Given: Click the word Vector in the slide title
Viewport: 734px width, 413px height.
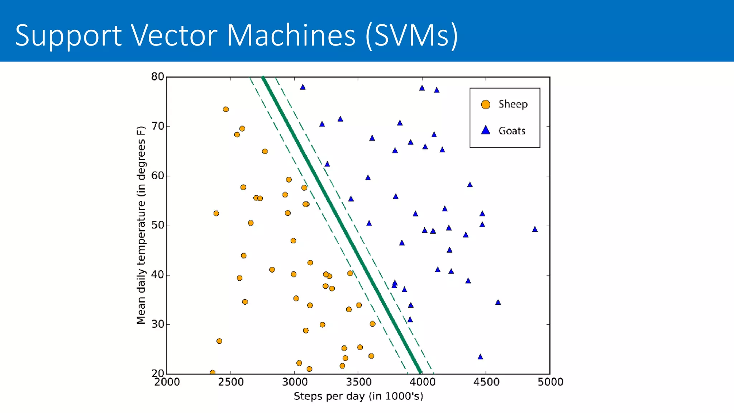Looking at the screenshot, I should [173, 35].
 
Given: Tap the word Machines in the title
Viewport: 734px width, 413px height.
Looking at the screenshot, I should [291, 35].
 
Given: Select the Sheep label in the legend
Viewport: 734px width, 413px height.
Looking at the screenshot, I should [513, 104].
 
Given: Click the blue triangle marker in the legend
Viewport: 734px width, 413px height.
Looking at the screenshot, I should [486, 130].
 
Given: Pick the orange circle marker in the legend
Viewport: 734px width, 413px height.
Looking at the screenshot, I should [486, 104].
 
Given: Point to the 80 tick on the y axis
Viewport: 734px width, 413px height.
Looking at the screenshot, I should [158, 77].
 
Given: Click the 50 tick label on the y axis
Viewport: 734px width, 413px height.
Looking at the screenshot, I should [158, 226].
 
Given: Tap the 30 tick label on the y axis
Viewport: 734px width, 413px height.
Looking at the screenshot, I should [158, 324].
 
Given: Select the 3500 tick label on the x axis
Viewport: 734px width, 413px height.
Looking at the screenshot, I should [358, 382].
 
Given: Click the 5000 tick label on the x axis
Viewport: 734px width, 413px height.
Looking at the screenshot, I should [550, 382].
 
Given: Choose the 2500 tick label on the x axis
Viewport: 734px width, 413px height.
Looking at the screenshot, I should [230, 382].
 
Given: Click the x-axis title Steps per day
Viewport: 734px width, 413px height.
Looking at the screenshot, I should [358, 396].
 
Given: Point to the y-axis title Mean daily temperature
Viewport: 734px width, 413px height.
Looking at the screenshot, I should [141, 225].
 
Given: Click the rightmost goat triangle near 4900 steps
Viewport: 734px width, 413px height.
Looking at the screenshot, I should [535, 229].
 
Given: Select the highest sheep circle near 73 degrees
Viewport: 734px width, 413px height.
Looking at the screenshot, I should [226, 109].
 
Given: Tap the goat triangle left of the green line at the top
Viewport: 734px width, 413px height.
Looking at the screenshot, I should [303, 87].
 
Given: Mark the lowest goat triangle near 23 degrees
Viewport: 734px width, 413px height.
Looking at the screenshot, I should [480, 357].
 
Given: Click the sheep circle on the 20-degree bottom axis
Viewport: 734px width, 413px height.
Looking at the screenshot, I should [213, 372].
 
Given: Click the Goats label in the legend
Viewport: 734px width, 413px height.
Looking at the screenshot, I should [511, 131].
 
